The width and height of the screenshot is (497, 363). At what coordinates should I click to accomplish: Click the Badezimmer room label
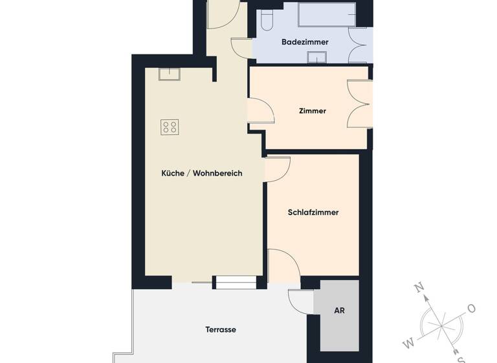click(305, 42)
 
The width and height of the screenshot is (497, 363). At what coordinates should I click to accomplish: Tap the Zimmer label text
click(313, 111)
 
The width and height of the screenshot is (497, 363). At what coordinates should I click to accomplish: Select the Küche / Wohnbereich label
click(201, 173)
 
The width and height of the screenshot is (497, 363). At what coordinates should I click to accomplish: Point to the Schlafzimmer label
click(313, 213)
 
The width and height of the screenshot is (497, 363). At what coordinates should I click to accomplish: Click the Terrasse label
click(221, 329)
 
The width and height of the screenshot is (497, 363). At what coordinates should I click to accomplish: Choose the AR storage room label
click(339, 310)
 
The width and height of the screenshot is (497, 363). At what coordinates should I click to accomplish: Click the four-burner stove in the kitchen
click(170, 127)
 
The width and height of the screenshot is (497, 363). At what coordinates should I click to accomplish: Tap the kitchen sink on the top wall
click(170, 74)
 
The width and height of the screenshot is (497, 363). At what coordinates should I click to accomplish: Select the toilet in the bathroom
click(267, 19)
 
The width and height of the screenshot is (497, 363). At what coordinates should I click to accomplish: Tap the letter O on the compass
click(471, 308)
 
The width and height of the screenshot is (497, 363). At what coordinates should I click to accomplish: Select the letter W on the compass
click(408, 342)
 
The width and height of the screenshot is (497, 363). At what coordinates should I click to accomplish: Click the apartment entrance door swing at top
click(224, 14)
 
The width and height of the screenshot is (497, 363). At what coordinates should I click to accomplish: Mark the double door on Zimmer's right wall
click(359, 104)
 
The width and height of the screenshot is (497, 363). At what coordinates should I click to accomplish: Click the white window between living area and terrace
click(235, 282)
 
